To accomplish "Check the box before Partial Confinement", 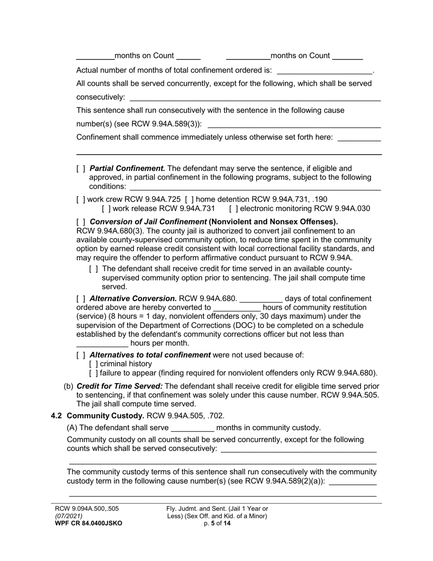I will coord(81,169).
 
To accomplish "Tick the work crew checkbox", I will coord(81,199).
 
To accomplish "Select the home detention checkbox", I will coord(189,199).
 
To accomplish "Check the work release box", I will coord(106,209).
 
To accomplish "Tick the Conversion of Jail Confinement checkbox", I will coord(81,222).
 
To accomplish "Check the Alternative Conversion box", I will coord(81,299).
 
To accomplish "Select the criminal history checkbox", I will coord(93,364).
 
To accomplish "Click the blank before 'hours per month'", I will coord(102,344).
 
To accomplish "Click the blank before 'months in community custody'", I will coord(192,428).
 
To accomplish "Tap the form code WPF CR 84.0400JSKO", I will coord(88,524).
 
